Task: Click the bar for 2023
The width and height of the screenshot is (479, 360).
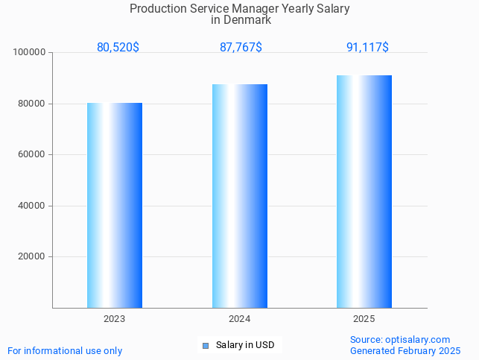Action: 115,205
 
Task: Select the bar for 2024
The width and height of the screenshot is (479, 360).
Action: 239,196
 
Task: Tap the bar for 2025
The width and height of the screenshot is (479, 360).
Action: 364,192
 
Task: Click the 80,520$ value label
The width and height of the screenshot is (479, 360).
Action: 118,47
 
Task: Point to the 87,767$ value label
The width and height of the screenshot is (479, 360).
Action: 241,47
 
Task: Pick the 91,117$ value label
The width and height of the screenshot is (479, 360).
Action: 367,47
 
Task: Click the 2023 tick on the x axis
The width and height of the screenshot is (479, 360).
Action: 115,318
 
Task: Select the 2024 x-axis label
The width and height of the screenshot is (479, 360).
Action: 239,318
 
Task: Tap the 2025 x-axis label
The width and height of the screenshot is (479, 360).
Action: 364,318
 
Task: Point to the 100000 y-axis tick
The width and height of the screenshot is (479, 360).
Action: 30,53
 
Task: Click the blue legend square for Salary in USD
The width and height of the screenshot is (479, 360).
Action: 205,345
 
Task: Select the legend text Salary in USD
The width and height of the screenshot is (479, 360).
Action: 245,345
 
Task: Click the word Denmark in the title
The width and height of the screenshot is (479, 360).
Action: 247,20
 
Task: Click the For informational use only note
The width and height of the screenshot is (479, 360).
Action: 65,350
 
